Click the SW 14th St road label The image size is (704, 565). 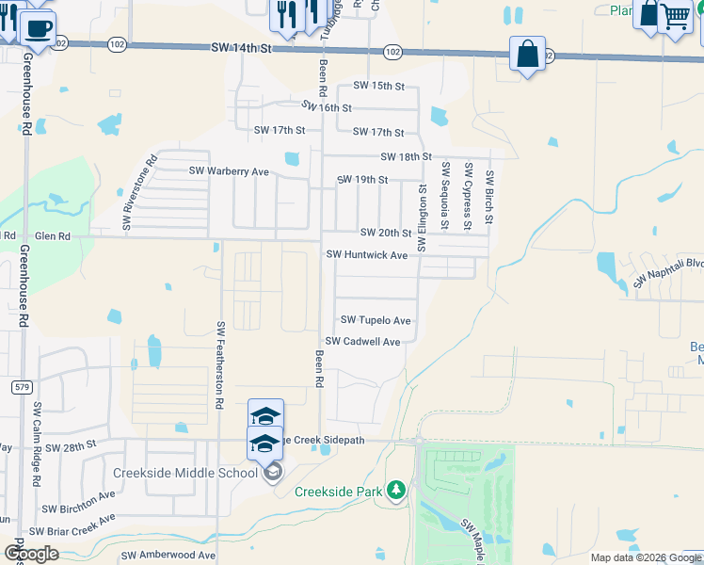(241, 47)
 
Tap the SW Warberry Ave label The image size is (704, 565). (229, 171)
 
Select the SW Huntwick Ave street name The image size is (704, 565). (366, 255)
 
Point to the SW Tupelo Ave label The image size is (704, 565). (376, 321)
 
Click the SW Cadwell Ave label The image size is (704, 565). (362, 342)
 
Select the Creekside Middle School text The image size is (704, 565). (185, 473)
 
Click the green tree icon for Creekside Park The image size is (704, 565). (397, 490)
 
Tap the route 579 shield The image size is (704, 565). (23, 387)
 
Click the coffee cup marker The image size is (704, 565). (37, 28)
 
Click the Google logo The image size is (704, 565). (31, 554)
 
